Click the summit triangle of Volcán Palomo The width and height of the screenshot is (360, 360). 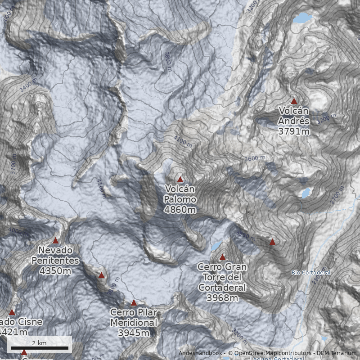[x=180, y=179]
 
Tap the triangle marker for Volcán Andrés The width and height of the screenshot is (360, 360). [x=294, y=101]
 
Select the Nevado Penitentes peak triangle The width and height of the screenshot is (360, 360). [x=56, y=241]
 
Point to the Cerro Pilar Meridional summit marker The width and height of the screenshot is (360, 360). [x=134, y=303]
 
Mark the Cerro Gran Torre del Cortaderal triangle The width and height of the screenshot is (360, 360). [x=222, y=257]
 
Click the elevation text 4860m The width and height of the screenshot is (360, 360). [x=180, y=210]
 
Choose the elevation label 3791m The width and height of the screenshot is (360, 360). [x=294, y=131]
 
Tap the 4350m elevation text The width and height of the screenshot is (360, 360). [x=55, y=271]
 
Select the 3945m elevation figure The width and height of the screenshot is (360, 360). [x=134, y=333]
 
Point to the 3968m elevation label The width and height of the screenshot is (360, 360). [x=222, y=297]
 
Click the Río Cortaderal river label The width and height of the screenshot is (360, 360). [x=311, y=273]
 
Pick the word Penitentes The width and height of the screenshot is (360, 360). [x=55, y=261]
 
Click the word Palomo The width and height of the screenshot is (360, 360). [x=180, y=199]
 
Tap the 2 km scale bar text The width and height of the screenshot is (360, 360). [x=39, y=343]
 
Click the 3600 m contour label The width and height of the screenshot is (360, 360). [x=255, y=158]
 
